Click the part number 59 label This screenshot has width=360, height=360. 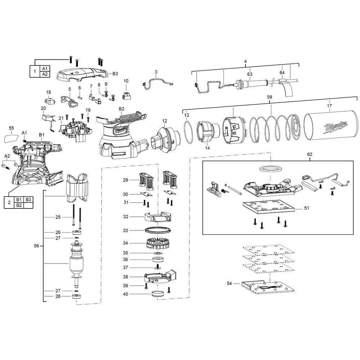point(269,97)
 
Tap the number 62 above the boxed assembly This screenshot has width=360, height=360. point(310,154)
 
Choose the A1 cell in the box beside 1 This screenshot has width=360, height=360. point(45,68)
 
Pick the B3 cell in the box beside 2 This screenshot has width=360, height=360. point(28,199)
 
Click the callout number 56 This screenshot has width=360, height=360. point(36,246)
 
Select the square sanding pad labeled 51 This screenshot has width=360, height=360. point(269,207)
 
